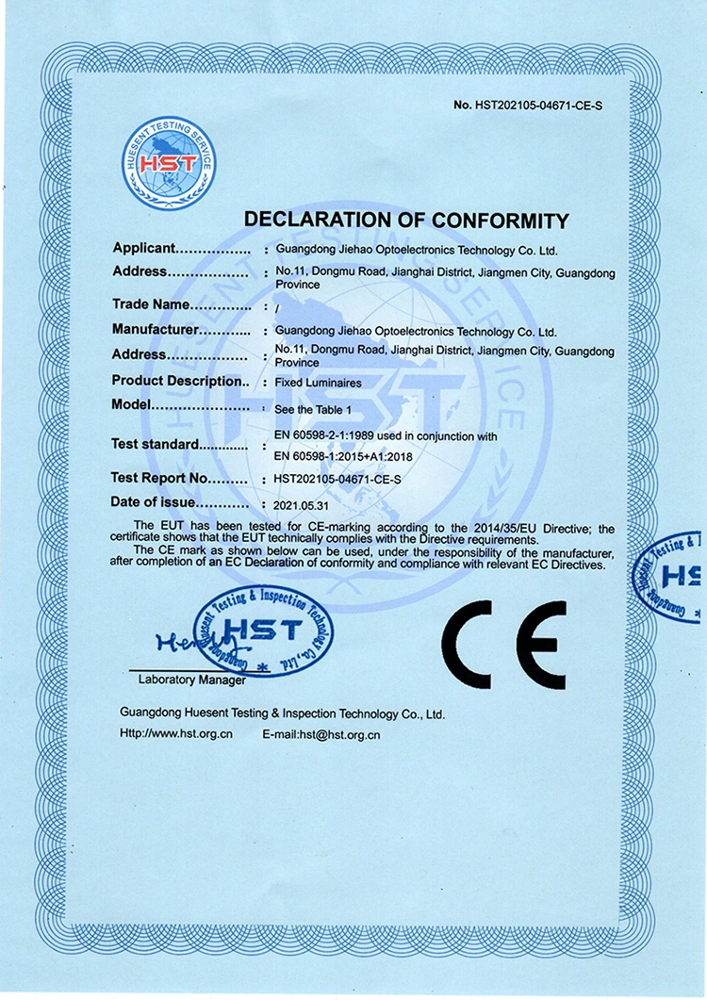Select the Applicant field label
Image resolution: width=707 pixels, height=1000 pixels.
click(144, 249)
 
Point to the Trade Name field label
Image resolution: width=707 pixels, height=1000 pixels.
click(151, 304)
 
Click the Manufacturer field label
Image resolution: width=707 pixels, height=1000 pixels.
click(156, 330)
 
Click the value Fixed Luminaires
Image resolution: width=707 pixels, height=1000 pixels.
click(312, 383)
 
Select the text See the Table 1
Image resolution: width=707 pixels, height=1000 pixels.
click(311, 410)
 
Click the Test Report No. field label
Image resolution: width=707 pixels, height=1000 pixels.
click(159, 479)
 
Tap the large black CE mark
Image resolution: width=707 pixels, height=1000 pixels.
click(504, 644)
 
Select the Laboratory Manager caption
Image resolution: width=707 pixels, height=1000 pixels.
click(191, 680)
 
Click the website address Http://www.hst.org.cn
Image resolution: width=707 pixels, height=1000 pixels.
click(176, 733)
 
